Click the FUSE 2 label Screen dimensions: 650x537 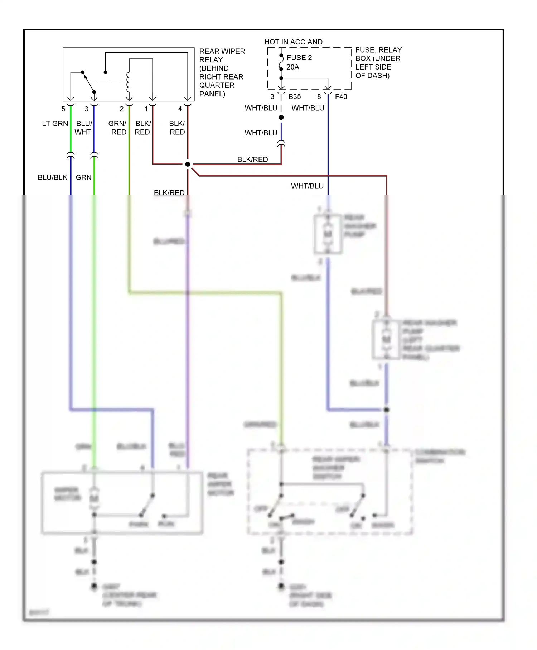click(x=299, y=58)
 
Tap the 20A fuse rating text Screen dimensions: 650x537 click(x=292, y=67)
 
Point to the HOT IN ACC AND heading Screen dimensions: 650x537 click(x=293, y=42)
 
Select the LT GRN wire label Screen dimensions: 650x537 click(x=55, y=124)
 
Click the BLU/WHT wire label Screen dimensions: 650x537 click(x=83, y=128)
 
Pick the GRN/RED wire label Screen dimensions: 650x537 click(x=118, y=128)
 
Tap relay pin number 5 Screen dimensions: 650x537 click(x=63, y=109)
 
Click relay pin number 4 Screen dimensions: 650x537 click(x=180, y=109)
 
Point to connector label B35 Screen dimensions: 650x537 click(x=294, y=97)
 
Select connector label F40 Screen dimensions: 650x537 click(x=341, y=97)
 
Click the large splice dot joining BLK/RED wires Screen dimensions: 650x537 click(x=188, y=164)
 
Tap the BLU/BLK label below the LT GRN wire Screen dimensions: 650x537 click(x=52, y=177)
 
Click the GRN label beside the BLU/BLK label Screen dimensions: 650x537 click(x=83, y=177)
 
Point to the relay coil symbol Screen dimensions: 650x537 click(x=128, y=82)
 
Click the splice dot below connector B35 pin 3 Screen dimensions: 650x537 click(x=281, y=118)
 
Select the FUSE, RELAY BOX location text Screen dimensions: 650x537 click(x=378, y=63)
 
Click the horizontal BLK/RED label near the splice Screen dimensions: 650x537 click(x=252, y=159)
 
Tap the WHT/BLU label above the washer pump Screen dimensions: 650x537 click(x=307, y=186)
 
